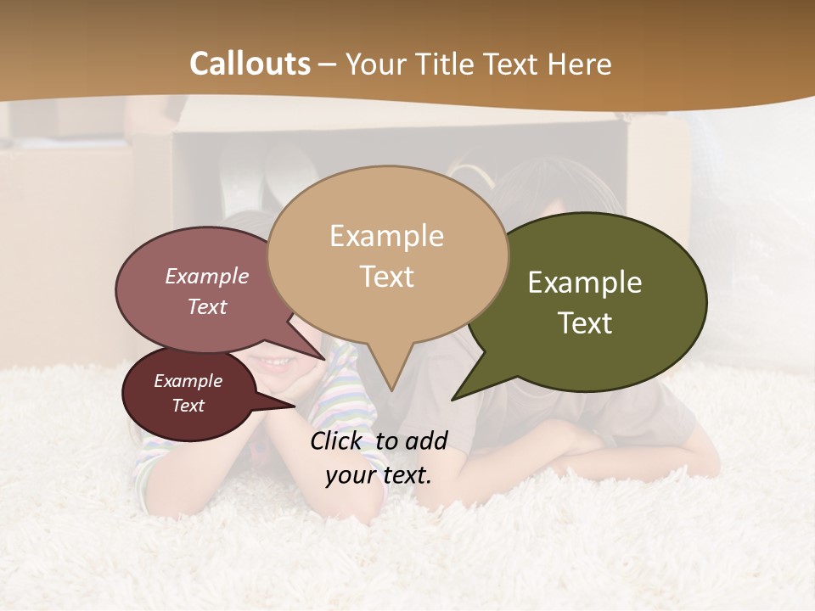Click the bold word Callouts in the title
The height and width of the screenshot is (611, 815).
pyautogui.click(x=250, y=64)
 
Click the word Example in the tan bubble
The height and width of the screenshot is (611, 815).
pyautogui.click(x=386, y=236)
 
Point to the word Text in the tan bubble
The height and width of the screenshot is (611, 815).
pyautogui.click(x=386, y=277)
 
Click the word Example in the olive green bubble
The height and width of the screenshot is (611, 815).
pyautogui.click(x=585, y=283)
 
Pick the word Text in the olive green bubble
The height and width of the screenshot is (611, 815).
pyautogui.click(x=585, y=323)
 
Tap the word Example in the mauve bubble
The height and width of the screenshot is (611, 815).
pyautogui.click(x=207, y=276)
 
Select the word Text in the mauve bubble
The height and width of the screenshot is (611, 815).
pyautogui.click(x=207, y=306)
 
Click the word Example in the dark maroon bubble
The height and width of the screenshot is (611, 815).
pyautogui.click(x=188, y=381)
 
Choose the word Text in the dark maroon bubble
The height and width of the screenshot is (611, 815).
pyautogui.click(x=188, y=406)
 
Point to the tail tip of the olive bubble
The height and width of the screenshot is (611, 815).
pyautogui.click(x=452, y=399)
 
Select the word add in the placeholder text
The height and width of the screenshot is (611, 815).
pyautogui.click(x=426, y=440)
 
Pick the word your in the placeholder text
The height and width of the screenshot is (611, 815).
pyautogui.click(x=350, y=475)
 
